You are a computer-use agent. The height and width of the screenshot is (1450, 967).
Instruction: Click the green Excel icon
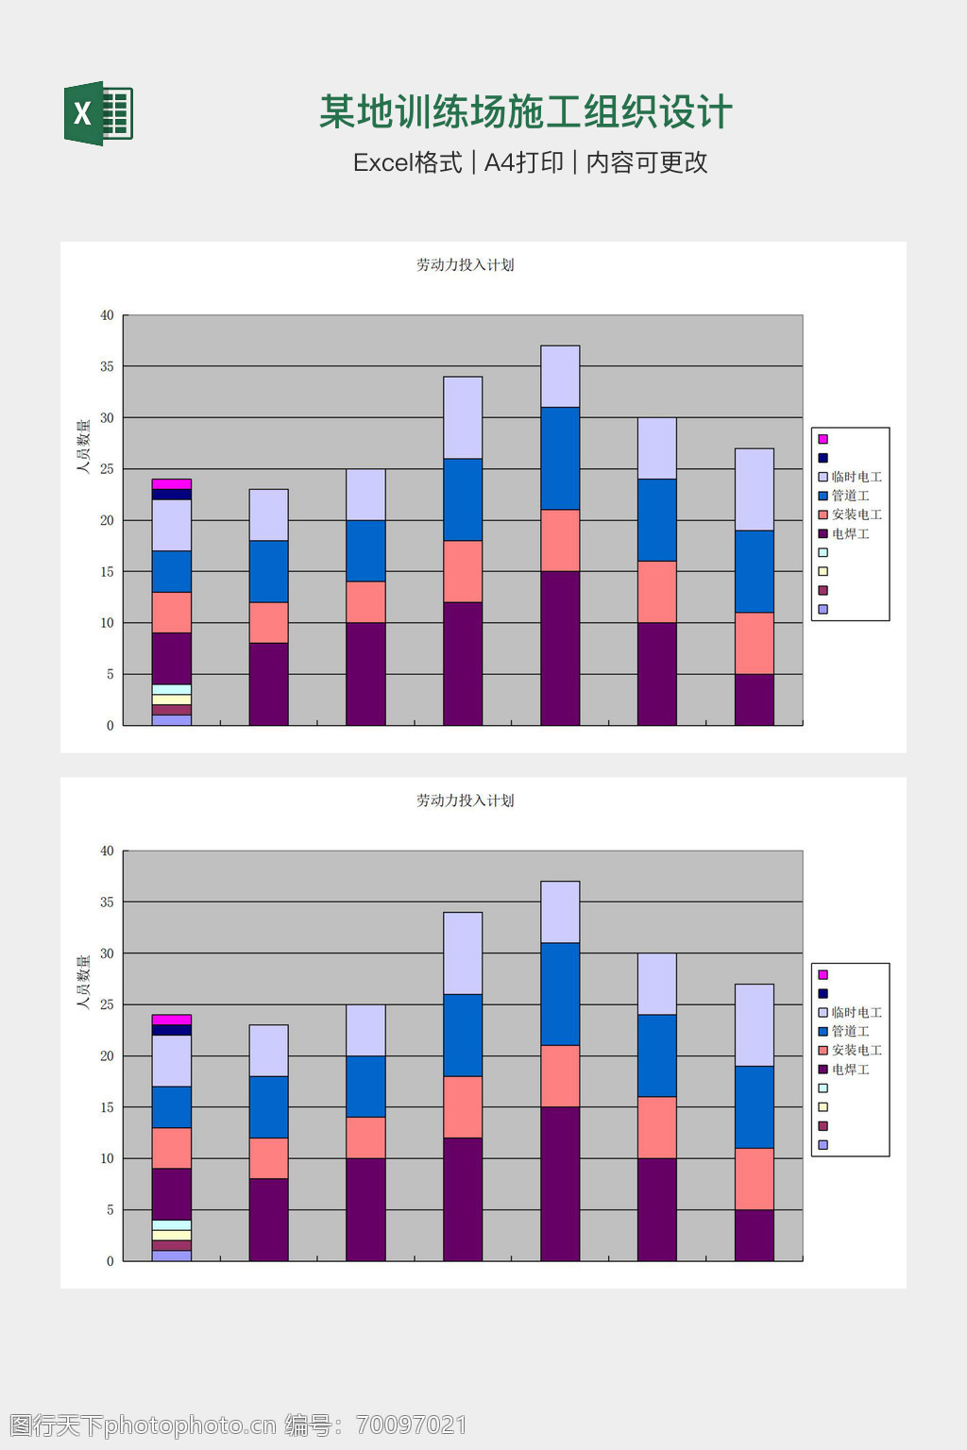click(98, 113)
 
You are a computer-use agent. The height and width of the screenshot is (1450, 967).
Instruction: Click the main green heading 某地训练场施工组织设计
click(525, 112)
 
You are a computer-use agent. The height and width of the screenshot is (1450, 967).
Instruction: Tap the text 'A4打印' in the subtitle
click(523, 162)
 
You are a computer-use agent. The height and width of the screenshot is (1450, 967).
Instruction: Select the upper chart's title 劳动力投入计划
click(465, 265)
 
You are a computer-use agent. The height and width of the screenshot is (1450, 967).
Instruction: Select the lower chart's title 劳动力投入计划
click(465, 801)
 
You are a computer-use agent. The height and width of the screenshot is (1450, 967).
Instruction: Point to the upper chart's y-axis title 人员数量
click(83, 446)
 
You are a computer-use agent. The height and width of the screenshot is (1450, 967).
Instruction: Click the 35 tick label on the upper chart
click(107, 366)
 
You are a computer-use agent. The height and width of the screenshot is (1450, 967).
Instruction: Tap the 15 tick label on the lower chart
click(107, 1107)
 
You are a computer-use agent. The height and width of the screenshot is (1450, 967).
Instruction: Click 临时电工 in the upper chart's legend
click(856, 477)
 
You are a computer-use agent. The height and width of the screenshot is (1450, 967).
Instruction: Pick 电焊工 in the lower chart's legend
click(850, 1070)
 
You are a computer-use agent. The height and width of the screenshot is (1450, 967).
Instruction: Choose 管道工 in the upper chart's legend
click(850, 496)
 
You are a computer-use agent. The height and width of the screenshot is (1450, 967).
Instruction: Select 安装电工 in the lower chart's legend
click(856, 1051)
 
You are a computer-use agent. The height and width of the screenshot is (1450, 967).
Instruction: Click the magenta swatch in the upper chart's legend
click(823, 439)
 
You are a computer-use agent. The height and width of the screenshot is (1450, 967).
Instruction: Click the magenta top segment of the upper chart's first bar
click(172, 484)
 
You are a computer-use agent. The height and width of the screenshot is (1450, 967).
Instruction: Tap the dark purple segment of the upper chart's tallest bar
click(560, 648)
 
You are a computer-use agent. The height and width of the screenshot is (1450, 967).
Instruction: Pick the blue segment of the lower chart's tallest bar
click(560, 994)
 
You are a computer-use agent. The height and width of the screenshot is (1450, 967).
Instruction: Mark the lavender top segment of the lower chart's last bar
click(755, 1025)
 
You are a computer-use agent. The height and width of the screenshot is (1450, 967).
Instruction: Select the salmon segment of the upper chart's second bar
click(269, 623)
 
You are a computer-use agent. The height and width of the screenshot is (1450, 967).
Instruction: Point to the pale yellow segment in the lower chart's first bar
click(172, 1235)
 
